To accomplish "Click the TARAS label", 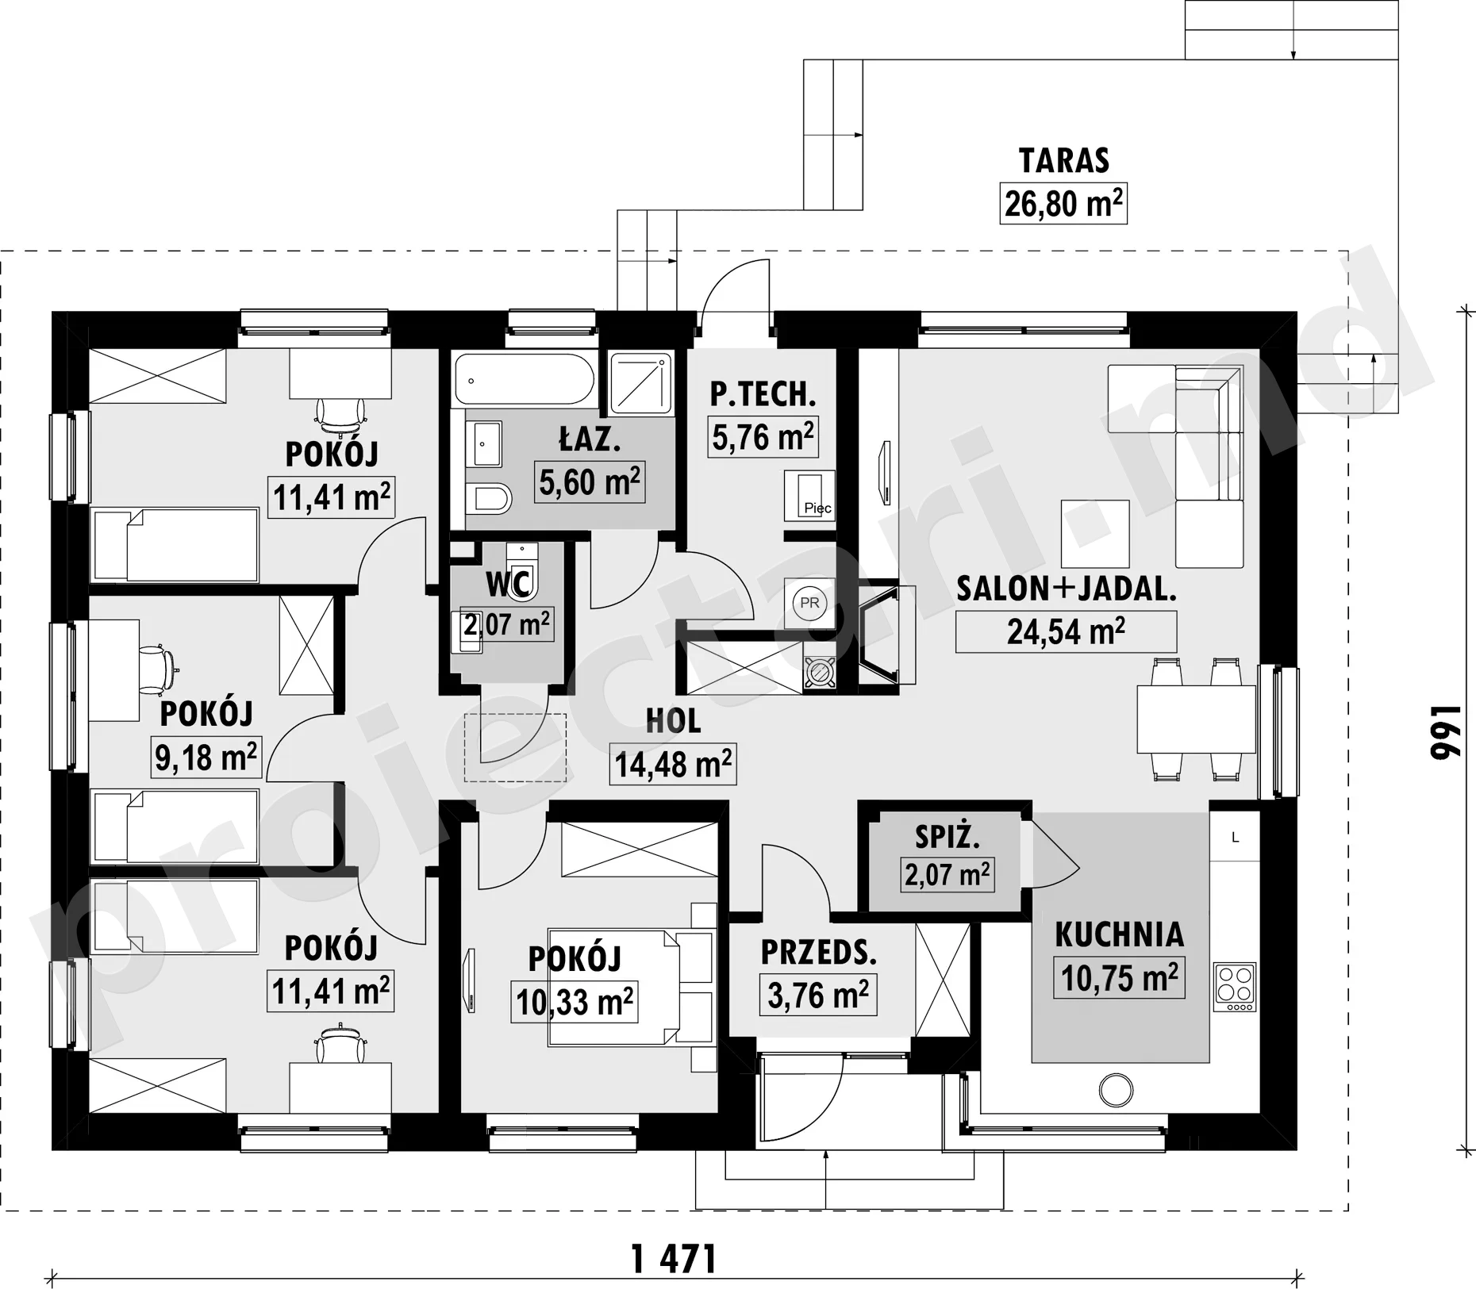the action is click(1063, 161).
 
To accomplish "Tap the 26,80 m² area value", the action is click(1063, 204).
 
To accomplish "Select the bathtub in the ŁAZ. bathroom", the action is click(524, 380).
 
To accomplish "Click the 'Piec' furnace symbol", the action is click(809, 496).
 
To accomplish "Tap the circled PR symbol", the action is click(809, 603).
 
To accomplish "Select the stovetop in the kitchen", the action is click(1235, 987).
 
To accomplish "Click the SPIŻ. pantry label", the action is click(947, 837).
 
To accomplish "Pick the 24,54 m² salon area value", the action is click(1066, 632).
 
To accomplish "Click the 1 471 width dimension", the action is click(674, 1259).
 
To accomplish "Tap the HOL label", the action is click(673, 721).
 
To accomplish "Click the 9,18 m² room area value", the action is click(206, 757).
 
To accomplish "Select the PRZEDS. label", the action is click(819, 953).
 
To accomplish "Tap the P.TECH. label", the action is click(763, 394).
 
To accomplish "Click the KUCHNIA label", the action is click(1119, 935).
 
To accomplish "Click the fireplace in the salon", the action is click(886, 635).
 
